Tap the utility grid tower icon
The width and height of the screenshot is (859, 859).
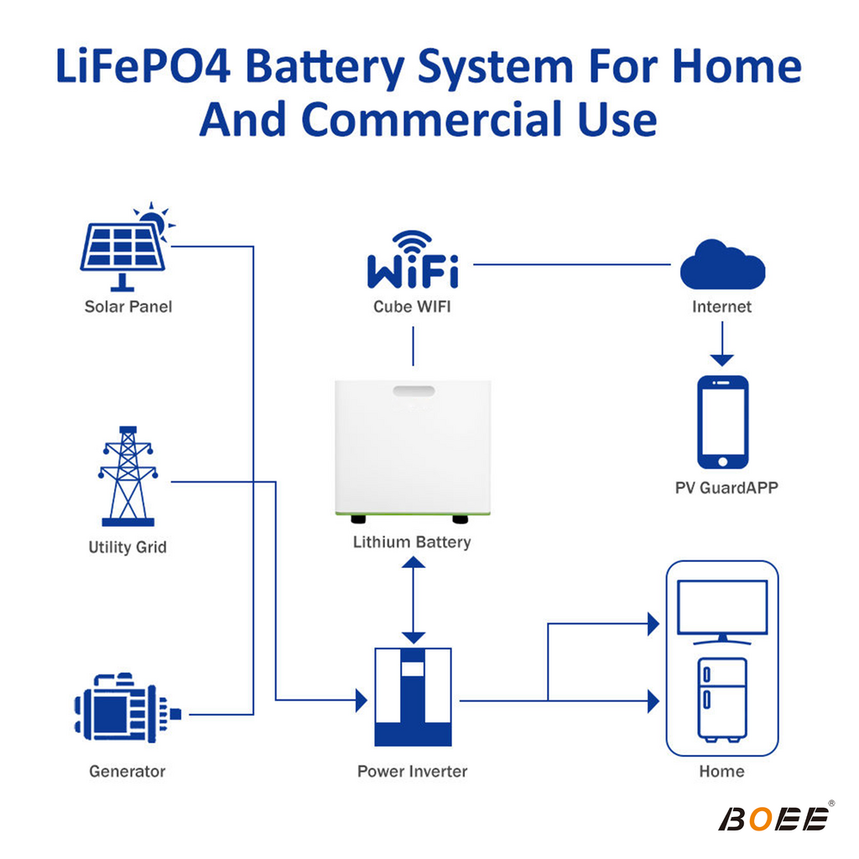click(128, 476)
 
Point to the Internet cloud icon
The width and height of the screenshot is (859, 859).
click(722, 264)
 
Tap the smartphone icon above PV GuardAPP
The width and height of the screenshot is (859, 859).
click(722, 422)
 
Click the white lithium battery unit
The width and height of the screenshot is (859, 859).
click(413, 450)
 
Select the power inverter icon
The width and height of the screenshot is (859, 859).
click(413, 697)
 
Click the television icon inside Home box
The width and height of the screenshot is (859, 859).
click(722, 612)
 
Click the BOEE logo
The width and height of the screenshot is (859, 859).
click(775, 818)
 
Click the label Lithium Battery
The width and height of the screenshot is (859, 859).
click(412, 542)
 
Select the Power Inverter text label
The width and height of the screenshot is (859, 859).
click(412, 772)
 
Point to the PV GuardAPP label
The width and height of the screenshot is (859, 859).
click(726, 487)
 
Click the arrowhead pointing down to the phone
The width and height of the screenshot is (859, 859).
click(722, 360)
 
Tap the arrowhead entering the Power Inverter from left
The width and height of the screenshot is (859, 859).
click(361, 700)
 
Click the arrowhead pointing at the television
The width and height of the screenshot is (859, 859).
click(653, 624)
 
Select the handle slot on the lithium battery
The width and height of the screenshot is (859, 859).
click(414, 391)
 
